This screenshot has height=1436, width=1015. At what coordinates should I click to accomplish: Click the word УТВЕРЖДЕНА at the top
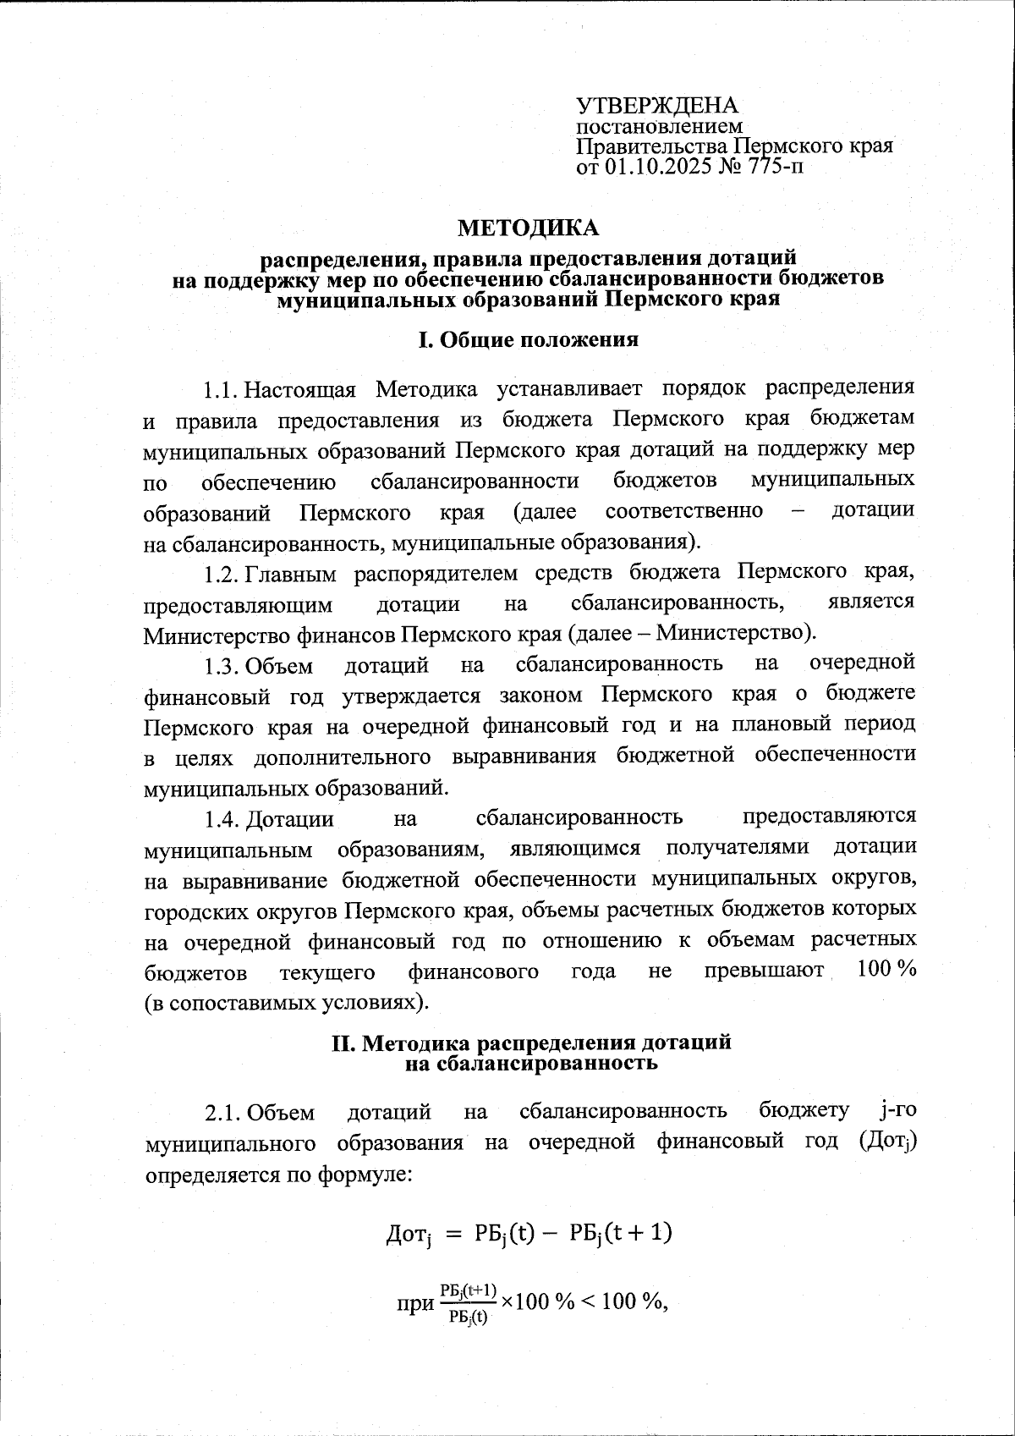(x=657, y=106)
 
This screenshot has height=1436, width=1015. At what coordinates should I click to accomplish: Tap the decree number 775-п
(x=771, y=167)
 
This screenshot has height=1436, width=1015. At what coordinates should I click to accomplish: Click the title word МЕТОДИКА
(x=528, y=228)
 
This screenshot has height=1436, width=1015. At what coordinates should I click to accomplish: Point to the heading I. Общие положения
(x=528, y=340)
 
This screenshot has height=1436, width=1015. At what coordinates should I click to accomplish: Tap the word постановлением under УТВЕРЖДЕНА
(x=659, y=127)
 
